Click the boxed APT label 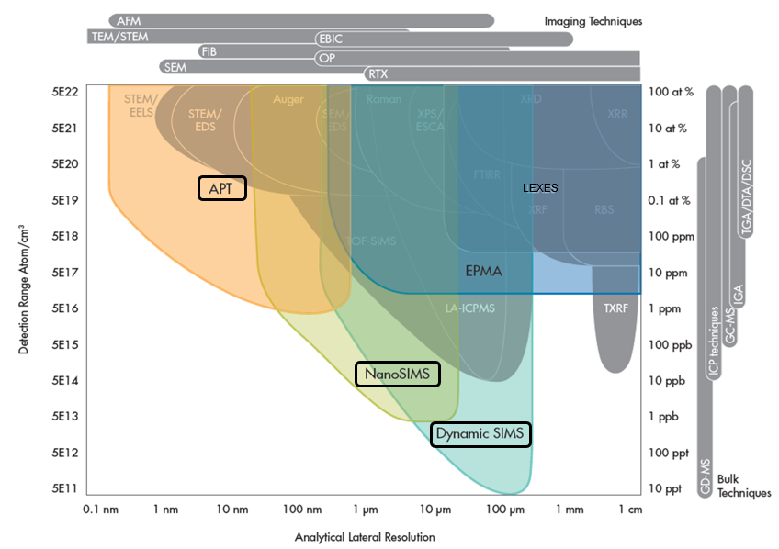[222, 188]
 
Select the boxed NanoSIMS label [397, 374]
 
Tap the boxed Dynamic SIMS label [481, 433]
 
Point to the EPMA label [485, 272]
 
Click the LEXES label [540, 187]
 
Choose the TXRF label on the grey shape [615, 308]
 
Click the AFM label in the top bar [128, 20]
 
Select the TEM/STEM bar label [120, 37]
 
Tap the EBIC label [331, 39]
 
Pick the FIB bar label [209, 51]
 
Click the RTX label [377, 73]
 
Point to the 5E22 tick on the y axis [66, 92]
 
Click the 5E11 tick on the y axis [66, 488]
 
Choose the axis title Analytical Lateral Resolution [365, 537]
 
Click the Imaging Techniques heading [593, 21]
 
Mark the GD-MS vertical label [706, 478]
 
